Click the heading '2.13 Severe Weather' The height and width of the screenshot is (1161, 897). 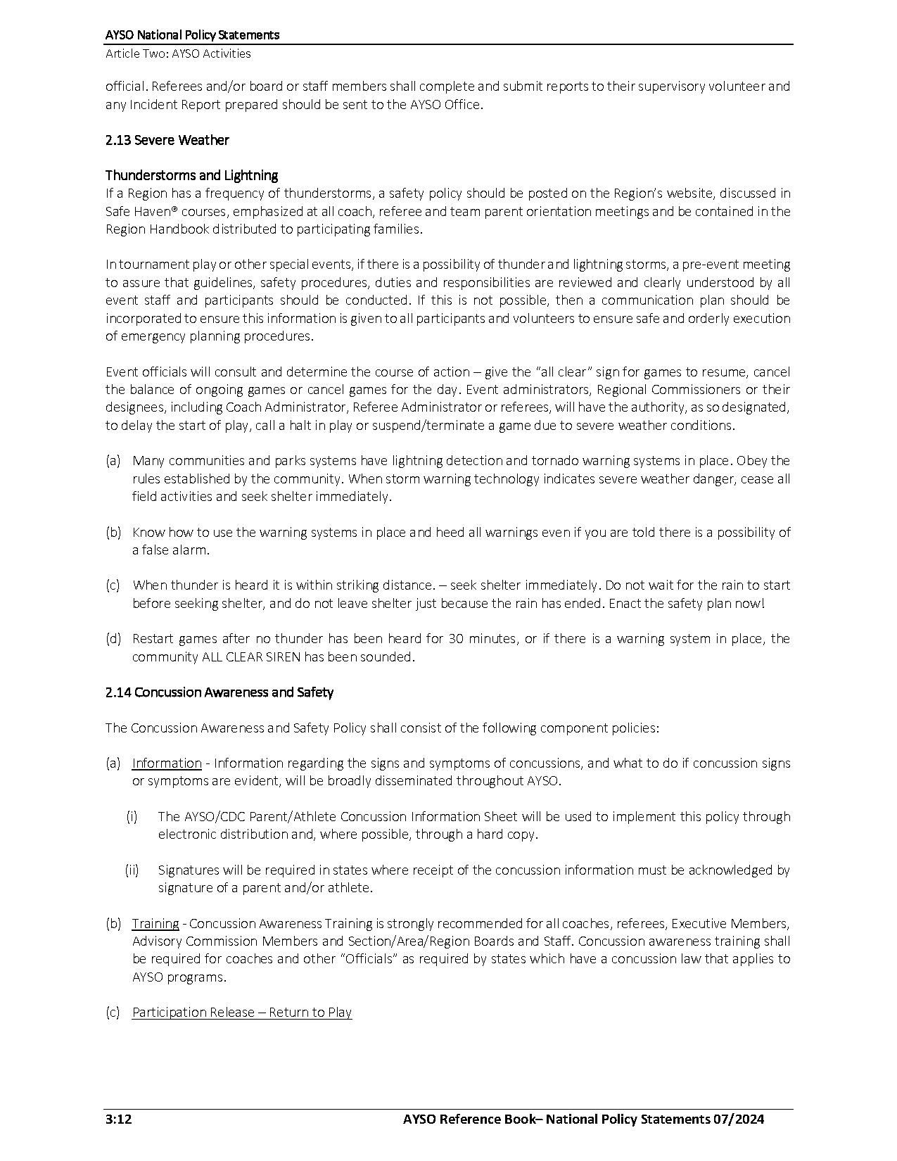167,140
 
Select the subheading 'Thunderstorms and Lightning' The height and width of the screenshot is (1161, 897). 191,175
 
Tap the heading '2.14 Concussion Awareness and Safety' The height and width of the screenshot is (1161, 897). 220,692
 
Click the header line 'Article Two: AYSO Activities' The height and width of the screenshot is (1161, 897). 178,53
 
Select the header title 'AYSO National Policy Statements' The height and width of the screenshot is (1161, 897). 192,34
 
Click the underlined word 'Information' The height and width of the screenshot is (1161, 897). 167,763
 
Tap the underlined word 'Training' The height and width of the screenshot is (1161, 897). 155,923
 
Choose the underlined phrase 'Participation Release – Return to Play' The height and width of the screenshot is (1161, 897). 242,1013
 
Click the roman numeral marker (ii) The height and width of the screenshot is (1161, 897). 132,870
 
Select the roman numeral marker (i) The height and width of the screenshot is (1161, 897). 132,817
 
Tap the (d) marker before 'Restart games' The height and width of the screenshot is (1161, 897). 113,639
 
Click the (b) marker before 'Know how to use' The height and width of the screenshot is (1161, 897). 113,533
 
